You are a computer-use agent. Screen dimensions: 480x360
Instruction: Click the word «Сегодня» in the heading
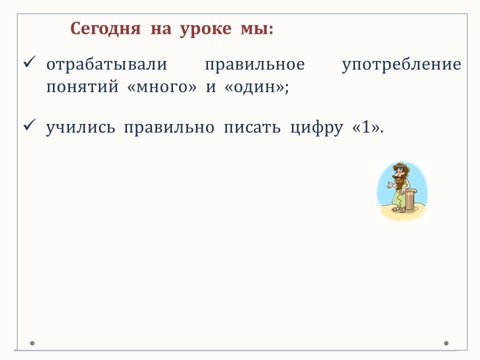click(105, 29)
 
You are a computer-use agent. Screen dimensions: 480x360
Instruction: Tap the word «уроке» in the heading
click(205, 29)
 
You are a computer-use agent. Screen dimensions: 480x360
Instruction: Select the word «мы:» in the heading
click(257, 29)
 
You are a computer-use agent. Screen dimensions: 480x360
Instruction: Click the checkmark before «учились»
click(29, 125)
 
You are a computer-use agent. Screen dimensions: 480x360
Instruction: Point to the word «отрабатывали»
click(107, 64)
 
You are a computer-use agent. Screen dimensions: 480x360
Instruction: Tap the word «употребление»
click(401, 65)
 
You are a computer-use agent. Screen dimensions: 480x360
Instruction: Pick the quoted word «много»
click(162, 87)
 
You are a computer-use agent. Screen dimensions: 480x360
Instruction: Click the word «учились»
click(80, 128)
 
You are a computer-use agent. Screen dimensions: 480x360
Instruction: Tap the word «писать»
click(252, 127)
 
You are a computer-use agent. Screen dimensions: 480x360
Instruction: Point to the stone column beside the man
click(410, 199)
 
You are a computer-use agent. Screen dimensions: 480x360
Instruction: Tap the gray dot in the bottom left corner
click(32, 343)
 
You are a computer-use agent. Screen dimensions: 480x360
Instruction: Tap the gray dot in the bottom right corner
click(446, 343)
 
